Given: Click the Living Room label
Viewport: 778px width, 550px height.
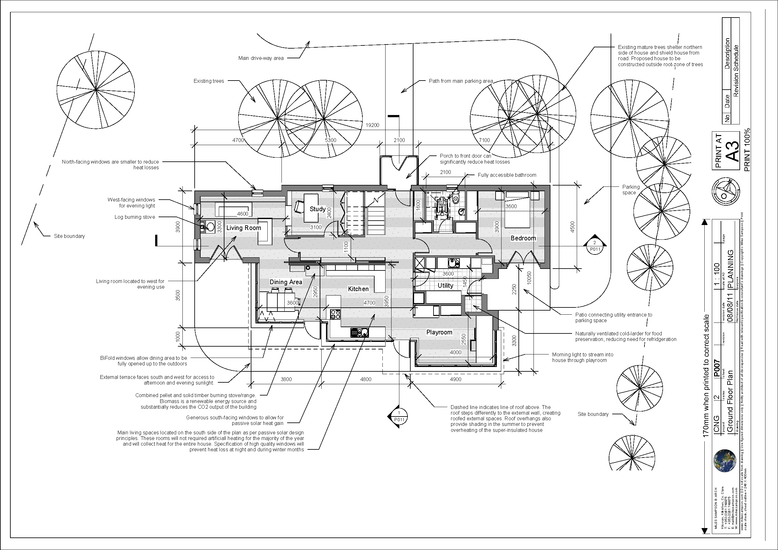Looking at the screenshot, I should pos(244,228).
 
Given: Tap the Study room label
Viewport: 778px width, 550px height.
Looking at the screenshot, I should pos(318,209).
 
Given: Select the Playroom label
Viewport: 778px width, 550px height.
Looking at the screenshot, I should pos(439,333).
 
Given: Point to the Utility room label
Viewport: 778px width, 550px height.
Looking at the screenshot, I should pos(445,286).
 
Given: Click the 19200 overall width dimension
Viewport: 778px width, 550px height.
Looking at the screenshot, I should pos(372,125).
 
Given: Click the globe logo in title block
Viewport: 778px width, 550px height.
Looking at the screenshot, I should pos(724,461).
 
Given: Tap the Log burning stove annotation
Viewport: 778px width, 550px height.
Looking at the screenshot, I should pos(134,217).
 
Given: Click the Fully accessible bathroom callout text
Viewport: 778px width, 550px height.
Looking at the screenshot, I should pos(507,175).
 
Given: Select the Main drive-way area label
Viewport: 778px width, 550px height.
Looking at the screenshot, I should pos(260,58).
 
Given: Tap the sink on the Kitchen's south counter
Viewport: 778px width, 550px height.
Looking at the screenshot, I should pos(359,333).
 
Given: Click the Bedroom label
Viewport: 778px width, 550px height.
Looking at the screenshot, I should pos(523,238).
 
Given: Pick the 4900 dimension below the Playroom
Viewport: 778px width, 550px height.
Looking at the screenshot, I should pos(455,380).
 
